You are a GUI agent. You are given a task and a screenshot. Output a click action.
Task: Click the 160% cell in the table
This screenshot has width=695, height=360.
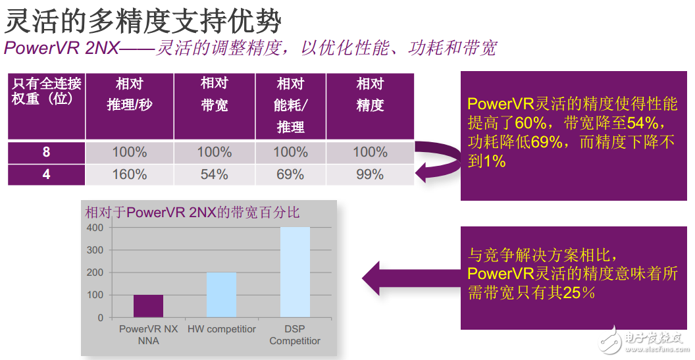[129, 174]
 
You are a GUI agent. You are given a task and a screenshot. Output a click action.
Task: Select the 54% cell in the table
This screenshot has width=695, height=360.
[215, 174]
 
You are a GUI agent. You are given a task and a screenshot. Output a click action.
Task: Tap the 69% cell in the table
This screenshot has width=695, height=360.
[290, 174]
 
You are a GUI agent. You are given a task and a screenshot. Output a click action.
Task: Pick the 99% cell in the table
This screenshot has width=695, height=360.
[370, 174]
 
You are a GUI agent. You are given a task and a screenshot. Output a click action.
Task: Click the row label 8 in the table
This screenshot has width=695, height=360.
[46, 152]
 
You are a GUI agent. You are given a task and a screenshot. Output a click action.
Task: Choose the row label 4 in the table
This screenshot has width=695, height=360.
[46, 174]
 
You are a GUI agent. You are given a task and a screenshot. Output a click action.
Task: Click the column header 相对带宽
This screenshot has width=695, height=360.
[215, 94]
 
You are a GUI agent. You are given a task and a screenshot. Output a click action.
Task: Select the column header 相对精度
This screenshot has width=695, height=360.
[370, 94]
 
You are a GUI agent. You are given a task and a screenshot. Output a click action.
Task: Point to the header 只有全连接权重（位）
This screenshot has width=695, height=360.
[47, 91]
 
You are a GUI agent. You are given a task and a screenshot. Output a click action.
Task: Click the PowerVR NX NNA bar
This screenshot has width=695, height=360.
[148, 306]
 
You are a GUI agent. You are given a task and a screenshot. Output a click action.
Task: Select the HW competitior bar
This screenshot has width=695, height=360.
[221, 295]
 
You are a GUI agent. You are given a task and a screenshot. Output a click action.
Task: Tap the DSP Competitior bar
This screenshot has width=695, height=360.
[295, 272]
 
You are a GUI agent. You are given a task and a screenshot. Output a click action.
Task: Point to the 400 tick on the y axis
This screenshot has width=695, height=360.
[95, 228]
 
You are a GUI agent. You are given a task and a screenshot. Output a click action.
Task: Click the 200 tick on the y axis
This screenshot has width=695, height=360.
[95, 272]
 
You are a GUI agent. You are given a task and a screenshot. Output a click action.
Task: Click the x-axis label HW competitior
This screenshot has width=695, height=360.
[221, 328]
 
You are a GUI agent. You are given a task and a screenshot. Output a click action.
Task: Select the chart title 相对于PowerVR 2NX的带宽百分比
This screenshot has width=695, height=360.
[192, 212]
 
